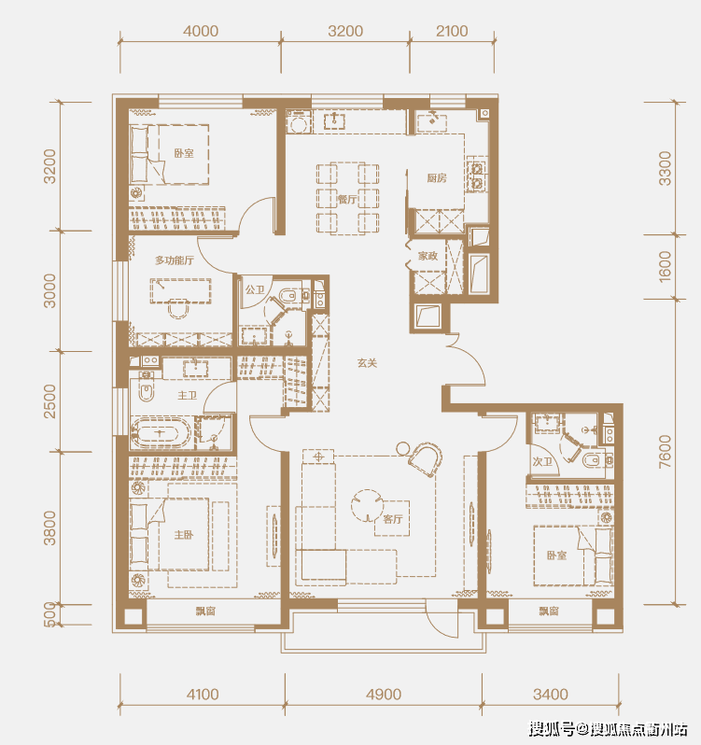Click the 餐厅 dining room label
pos(347,200)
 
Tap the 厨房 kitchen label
pos(437,178)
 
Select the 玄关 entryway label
pos(367,363)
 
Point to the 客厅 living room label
pos(393,519)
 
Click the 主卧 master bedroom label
pos(184,535)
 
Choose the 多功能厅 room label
pos(175,260)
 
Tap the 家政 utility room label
pos(428,256)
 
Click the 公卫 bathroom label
pos(255,289)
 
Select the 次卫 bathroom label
pos(542,461)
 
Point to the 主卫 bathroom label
pos(187,395)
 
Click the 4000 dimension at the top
pos(201,32)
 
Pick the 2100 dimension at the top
pos(452,32)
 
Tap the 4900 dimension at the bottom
pos(384,695)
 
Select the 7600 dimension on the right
pos(666,451)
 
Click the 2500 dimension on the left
pos(49,401)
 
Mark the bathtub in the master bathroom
pos(161,433)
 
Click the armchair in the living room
pos(426,459)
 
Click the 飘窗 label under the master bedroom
pos(205,611)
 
